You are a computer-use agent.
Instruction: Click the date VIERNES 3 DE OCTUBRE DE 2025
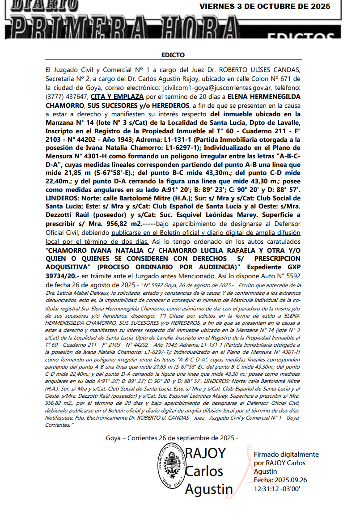point(265,7)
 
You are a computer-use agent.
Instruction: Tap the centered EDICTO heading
point(173,55)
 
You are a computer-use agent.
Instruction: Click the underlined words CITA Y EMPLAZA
point(117,97)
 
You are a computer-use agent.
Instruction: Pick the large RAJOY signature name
point(205,453)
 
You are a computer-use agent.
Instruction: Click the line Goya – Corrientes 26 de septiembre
point(172,438)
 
